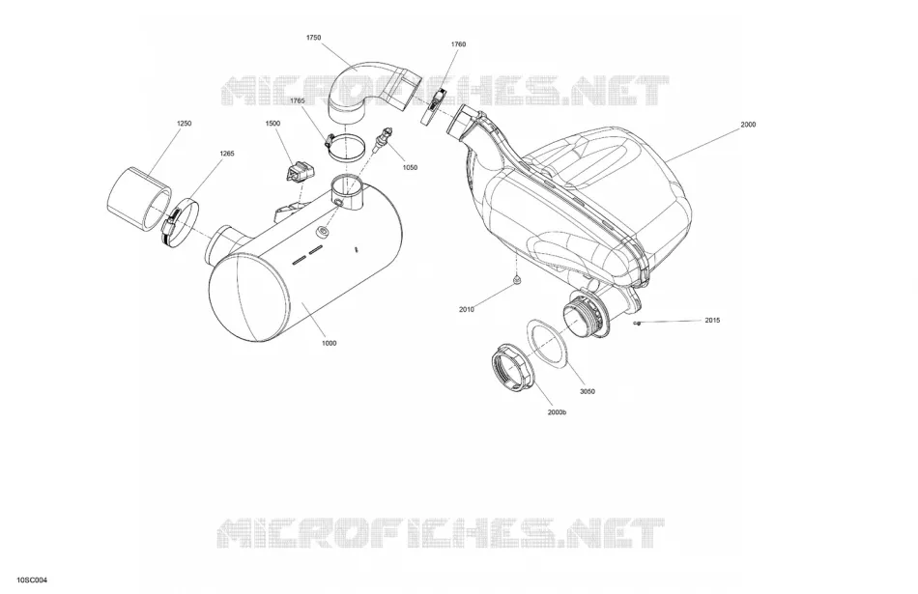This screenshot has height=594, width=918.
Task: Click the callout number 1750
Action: (313, 38)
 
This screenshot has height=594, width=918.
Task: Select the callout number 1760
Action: (458, 43)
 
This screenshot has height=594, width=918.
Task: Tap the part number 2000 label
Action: (748, 124)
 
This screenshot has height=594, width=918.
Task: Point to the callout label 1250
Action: (184, 124)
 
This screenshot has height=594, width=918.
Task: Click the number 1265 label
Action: (226, 154)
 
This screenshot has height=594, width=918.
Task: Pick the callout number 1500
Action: (273, 124)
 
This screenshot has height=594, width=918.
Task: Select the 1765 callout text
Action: (298, 100)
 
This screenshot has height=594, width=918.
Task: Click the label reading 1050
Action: (410, 167)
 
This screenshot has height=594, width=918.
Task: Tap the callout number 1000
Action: (329, 343)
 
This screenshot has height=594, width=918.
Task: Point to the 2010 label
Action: (467, 310)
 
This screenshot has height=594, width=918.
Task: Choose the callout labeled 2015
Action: (712, 320)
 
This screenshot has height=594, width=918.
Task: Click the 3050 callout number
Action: (588, 391)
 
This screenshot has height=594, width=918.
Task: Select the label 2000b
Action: (558, 412)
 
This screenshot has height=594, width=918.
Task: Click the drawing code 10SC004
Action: (32, 580)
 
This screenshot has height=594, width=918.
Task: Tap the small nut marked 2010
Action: (516, 281)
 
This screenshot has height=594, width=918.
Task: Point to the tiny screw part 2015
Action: (638, 323)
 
